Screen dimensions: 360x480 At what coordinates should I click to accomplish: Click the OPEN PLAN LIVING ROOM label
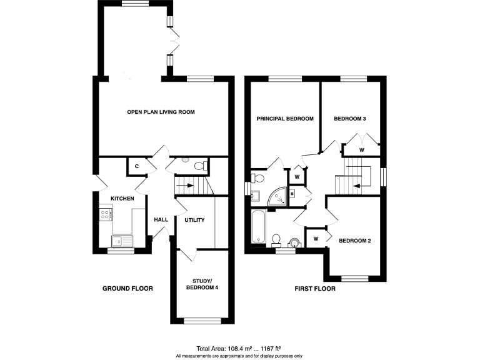click(x=161, y=112)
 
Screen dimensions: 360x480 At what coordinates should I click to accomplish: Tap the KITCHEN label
click(x=122, y=198)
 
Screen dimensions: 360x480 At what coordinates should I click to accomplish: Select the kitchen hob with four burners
click(x=106, y=214)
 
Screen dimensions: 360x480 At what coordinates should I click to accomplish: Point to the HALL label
click(x=161, y=220)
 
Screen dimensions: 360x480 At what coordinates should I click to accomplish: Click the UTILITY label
click(x=194, y=220)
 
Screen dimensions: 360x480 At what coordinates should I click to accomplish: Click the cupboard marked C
click(x=137, y=167)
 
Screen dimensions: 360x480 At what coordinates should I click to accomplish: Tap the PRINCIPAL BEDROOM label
click(x=284, y=119)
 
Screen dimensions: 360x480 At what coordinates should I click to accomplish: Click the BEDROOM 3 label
click(x=349, y=119)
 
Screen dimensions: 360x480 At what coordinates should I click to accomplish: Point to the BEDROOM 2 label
click(x=355, y=240)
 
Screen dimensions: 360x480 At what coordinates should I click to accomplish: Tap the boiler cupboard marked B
click(x=291, y=194)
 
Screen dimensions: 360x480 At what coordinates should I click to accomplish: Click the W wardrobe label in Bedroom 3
click(x=361, y=150)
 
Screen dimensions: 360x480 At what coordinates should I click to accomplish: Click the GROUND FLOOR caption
click(x=127, y=289)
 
